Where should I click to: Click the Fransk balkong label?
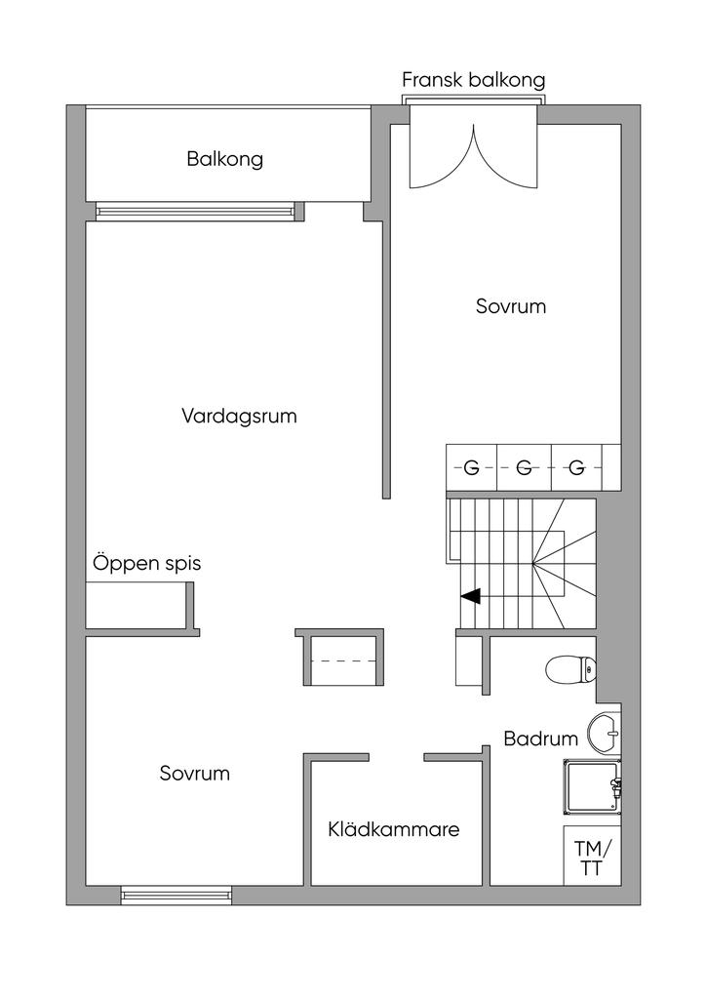[x=474, y=80]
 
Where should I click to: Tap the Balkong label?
[x=224, y=159]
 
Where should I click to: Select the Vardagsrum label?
[x=239, y=416]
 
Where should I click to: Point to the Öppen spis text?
[x=147, y=563]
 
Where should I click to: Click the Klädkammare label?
[x=394, y=829]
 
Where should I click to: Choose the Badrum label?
[x=540, y=739]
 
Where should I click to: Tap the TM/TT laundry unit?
[x=592, y=856]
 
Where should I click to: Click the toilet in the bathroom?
[x=570, y=669]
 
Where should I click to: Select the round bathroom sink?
[x=604, y=733]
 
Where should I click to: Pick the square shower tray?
[x=591, y=787]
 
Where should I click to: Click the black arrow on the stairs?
[x=471, y=596]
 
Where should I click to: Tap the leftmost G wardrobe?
[x=472, y=467]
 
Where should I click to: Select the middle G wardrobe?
[x=524, y=467]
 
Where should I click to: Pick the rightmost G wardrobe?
[x=576, y=467]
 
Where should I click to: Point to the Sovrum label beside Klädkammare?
[x=195, y=773]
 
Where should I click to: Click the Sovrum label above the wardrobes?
[x=511, y=305]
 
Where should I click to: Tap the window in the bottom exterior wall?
[x=176, y=896]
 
